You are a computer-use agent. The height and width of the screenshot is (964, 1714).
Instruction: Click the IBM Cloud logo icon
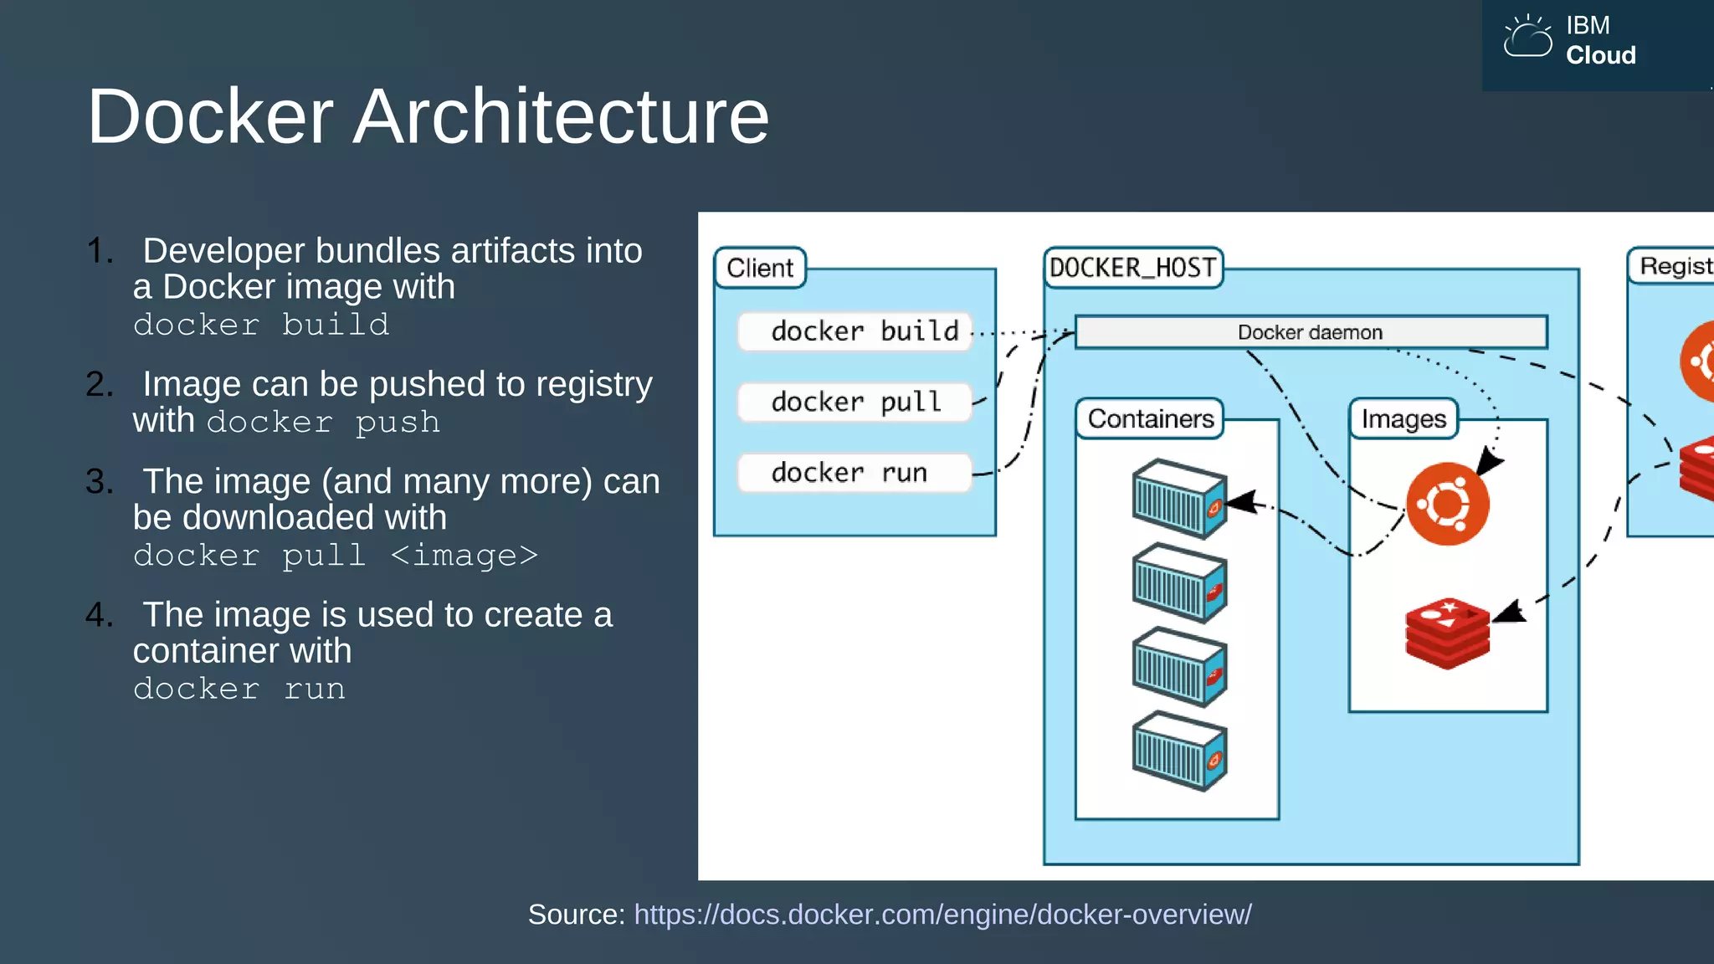1527,38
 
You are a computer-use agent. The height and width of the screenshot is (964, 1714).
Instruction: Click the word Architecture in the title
560,116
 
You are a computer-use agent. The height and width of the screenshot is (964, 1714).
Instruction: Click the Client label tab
760,268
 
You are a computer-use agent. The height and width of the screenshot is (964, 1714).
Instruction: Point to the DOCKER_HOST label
1132,268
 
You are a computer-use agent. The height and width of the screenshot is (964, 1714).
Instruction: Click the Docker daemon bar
1310,332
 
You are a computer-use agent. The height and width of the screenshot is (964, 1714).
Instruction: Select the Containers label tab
1150,418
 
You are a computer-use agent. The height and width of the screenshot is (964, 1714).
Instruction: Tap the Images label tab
1404,418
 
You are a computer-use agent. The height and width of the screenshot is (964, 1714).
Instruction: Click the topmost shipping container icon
1179,499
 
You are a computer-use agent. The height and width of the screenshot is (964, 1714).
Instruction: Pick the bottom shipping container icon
1179,751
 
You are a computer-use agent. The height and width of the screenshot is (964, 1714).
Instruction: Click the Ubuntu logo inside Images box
1447,504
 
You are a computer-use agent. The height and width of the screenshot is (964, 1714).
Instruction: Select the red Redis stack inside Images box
1447,633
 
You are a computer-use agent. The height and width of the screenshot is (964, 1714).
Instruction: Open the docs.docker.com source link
942,915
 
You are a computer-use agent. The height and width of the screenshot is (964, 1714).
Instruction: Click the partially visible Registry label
1675,266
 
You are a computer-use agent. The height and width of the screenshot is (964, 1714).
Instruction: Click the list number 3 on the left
99,481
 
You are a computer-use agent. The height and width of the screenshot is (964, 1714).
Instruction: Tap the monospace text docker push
323,422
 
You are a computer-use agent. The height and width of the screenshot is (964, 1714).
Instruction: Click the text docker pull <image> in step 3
335,556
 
